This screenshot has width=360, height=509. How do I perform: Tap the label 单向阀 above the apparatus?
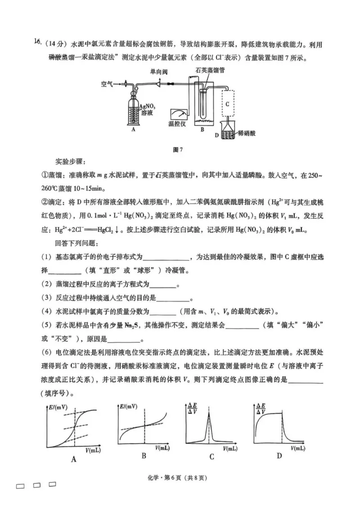pos(160,72)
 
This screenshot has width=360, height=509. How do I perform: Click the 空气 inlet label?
pos(107,84)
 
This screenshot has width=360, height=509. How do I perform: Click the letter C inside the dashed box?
pos(228,104)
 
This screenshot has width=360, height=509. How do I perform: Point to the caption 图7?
pos(180,149)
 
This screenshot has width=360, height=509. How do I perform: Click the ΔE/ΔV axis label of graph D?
pos(261,408)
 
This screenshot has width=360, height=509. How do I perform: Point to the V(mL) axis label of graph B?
pos(162,448)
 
